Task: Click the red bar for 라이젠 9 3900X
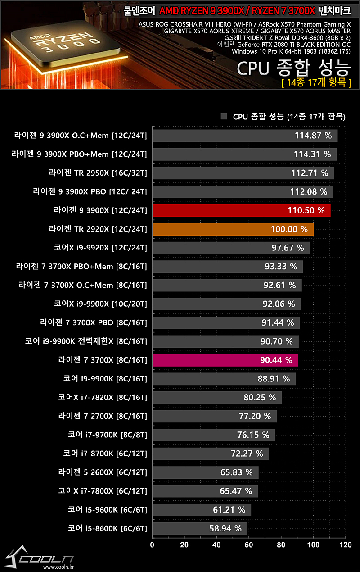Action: [x=241, y=210]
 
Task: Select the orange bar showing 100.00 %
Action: [x=233, y=229]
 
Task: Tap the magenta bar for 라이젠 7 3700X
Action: [x=225, y=360]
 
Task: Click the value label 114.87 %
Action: [x=313, y=136]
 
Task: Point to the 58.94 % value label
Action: [x=225, y=528]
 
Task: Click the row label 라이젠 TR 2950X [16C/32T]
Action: [x=98, y=173]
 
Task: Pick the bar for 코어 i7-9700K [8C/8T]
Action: [x=213, y=435]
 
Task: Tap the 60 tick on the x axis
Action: [x=249, y=545]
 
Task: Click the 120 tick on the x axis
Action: [x=345, y=545]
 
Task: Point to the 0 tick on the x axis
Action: [x=152, y=545]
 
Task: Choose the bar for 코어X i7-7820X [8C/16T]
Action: [x=216, y=398]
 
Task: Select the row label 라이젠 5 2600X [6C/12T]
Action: [x=103, y=472]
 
